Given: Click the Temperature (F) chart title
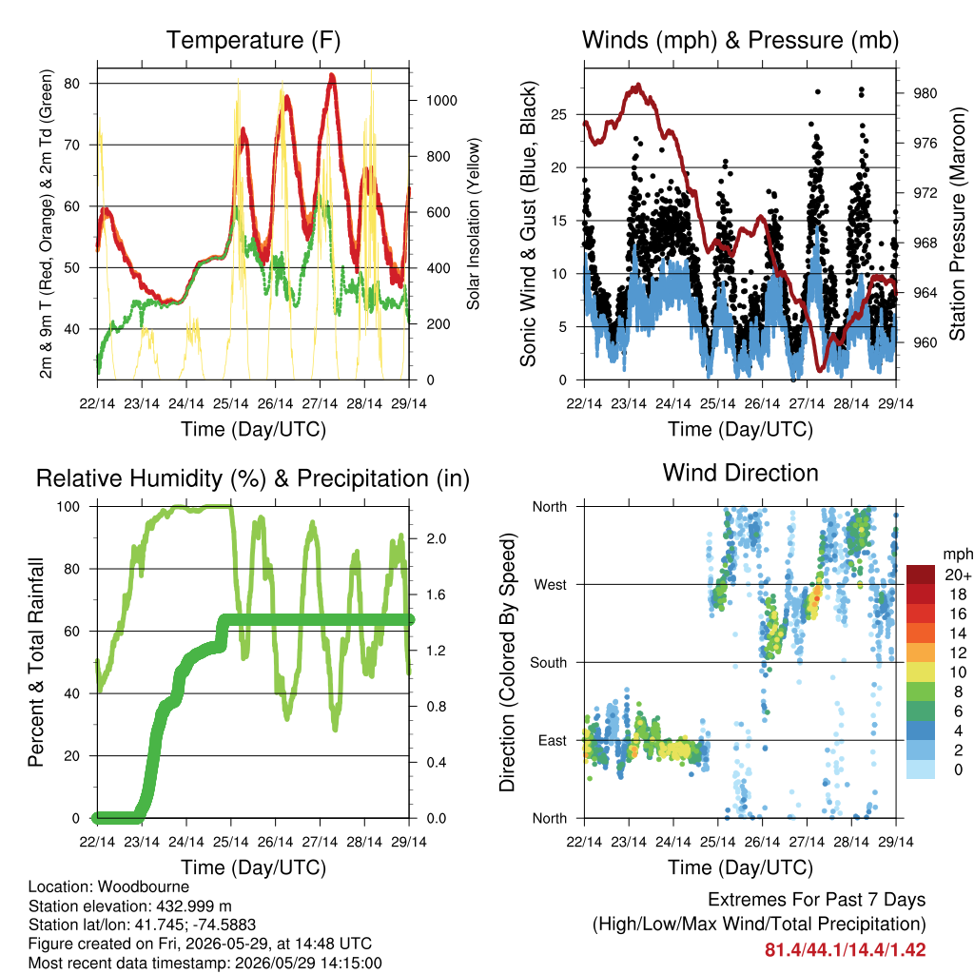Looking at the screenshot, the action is click(253, 40).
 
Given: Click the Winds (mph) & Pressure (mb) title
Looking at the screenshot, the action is click(740, 40).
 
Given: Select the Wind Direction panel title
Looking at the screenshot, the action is click(740, 473).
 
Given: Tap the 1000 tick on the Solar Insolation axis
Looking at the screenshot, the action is click(441, 101).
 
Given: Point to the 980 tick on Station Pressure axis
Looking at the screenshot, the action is click(925, 93).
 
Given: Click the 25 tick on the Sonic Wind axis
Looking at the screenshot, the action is click(558, 115).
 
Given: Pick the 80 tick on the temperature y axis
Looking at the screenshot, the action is click(72, 84).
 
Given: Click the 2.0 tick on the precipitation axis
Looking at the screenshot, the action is click(436, 538).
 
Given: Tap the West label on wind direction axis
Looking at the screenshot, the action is click(551, 585).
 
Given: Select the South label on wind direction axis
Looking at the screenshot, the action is click(549, 663).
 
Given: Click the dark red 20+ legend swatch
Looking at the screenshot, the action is click(921, 575).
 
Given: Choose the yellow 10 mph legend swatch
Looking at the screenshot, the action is click(921, 672).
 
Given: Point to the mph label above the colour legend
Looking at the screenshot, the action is click(957, 555).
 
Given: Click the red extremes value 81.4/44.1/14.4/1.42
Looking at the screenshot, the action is click(845, 950).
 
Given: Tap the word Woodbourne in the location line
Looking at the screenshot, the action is click(144, 886).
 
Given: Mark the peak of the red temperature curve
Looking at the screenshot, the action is click(332, 76).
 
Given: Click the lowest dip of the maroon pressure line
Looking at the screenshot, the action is click(821, 370).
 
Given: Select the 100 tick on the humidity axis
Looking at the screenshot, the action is click(68, 507).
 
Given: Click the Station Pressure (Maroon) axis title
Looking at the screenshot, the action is click(957, 224).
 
